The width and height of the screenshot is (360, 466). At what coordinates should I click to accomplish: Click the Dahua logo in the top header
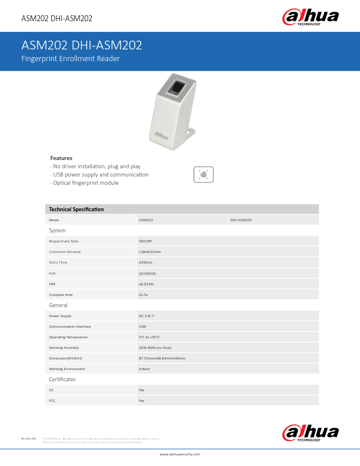point(311,16)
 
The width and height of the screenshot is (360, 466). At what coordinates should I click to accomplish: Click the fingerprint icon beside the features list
point(204,174)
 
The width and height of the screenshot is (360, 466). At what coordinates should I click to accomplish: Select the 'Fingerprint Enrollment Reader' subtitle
point(71,59)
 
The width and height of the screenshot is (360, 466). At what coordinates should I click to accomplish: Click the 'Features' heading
point(61,158)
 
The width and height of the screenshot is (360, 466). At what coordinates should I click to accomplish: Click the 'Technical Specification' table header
point(76,209)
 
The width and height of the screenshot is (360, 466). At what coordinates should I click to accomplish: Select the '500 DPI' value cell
point(145,241)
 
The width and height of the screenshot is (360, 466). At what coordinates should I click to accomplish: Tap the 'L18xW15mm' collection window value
point(149,252)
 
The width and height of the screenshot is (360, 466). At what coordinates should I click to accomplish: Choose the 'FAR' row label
point(52,273)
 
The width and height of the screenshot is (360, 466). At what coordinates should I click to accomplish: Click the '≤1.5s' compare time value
point(144,294)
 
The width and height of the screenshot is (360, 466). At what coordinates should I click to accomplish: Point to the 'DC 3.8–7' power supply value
point(146,316)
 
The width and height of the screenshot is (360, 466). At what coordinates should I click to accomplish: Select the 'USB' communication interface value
point(142,327)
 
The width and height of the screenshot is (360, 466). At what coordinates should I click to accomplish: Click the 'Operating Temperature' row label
point(68,337)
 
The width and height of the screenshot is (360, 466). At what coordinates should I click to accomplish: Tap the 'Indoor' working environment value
point(144,369)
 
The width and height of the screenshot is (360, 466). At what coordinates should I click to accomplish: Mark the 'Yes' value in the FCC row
point(141,401)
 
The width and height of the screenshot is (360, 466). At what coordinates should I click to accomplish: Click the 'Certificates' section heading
point(62,380)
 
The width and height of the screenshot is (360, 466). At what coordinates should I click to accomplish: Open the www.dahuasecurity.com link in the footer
point(180,454)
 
